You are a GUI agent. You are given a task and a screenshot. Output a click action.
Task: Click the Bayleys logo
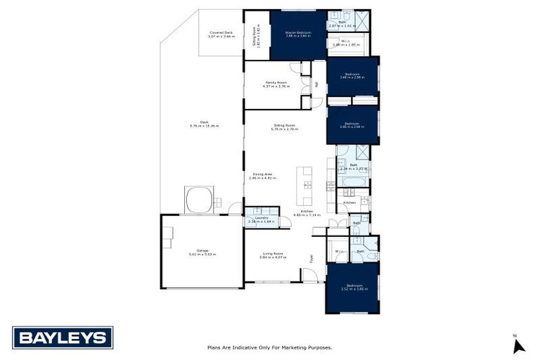63,338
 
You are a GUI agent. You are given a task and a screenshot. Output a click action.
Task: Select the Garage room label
202,252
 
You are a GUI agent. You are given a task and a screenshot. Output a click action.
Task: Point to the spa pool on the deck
200,199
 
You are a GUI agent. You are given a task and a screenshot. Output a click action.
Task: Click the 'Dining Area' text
262,176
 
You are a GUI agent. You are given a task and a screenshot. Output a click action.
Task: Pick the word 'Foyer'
311,258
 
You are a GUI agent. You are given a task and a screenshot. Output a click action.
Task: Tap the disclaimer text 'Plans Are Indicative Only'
269,347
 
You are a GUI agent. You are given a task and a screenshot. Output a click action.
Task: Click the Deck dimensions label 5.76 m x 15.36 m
204,124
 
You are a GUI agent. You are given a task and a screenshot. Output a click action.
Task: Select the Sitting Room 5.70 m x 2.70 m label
285,127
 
